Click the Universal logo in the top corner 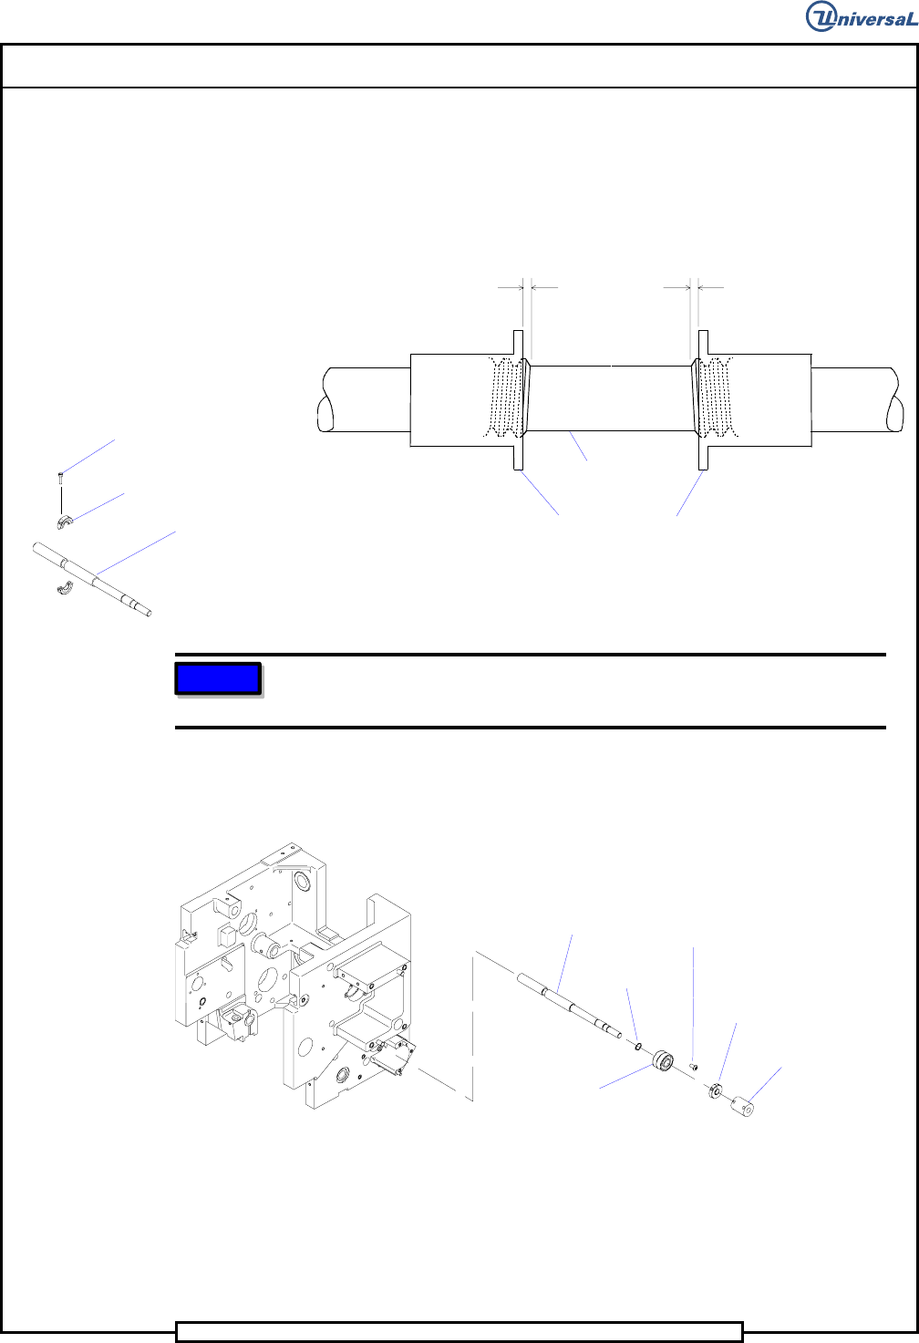coord(861,16)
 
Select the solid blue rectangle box coord(218,678)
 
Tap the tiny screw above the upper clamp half coord(60,478)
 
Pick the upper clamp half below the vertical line coord(64,522)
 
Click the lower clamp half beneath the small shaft coord(64,589)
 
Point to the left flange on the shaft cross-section coord(519,400)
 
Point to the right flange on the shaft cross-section coord(703,400)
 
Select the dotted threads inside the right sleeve coord(718,397)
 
